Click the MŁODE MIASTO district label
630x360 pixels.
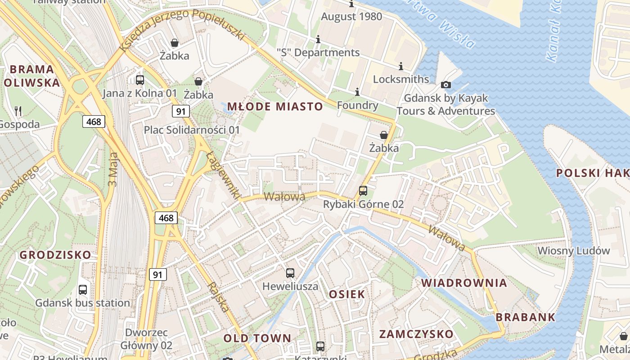275,107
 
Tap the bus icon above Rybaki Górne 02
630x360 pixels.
363,190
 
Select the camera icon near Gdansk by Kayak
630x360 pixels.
446,85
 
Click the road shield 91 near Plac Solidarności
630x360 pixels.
180,111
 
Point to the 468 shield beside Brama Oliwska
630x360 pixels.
94,121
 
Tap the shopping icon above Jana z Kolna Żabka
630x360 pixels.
174,43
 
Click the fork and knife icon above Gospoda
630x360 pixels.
18,111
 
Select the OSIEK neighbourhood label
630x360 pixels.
347,294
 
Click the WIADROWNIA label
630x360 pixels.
464,283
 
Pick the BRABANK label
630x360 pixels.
526,317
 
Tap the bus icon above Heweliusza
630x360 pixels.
290,273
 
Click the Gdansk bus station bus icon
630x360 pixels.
83,290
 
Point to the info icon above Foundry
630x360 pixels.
357,92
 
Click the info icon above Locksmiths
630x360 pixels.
400,66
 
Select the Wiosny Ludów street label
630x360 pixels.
574,251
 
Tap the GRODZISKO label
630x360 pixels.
55,255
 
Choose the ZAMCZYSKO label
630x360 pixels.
416,334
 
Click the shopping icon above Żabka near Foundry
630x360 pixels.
384,135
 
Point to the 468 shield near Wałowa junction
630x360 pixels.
166,218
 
